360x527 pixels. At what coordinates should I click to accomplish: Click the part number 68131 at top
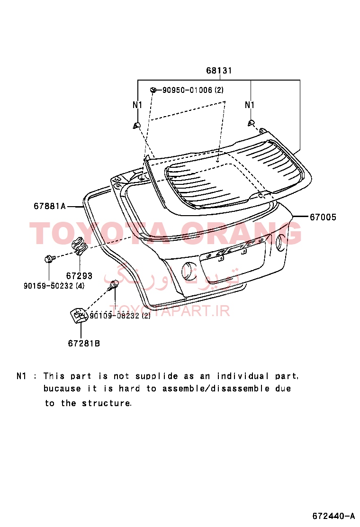pos(219,71)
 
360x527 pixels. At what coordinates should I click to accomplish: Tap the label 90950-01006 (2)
pos(193,90)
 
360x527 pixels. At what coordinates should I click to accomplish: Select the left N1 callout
pos(138,105)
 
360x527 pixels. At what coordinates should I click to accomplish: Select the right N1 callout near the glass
pos(250,105)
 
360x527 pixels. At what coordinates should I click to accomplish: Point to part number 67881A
pos(50,206)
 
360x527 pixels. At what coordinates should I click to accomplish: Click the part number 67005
pos(323,218)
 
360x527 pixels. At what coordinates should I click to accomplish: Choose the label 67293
pos(79,276)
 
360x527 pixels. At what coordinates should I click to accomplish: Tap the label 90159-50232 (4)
pos(54,286)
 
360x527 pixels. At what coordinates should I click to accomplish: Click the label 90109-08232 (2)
pos(120,316)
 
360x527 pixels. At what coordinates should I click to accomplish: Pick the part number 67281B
pos(84,344)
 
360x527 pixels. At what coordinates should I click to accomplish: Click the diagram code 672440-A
pos(333,516)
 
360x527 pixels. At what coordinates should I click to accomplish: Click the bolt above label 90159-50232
pos(48,259)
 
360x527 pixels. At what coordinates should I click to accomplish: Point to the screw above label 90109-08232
pos(114,285)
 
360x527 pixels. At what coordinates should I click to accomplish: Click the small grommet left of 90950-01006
pos(153,90)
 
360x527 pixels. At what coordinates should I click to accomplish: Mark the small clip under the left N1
pos(136,126)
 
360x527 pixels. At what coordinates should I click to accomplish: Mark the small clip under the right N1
pos(251,123)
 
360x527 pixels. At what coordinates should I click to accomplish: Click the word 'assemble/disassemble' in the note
pos(216,389)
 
